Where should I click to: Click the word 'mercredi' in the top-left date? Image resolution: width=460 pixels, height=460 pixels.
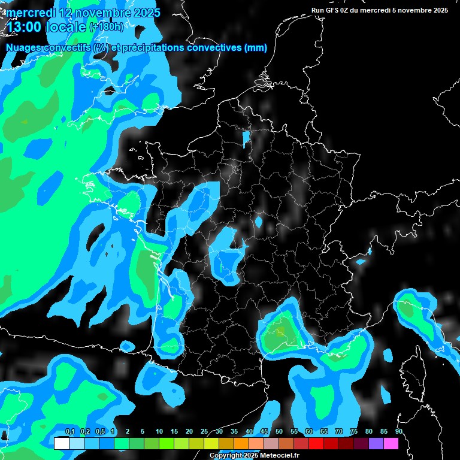coord(31,13)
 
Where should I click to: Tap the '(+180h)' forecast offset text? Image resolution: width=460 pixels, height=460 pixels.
coord(107,27)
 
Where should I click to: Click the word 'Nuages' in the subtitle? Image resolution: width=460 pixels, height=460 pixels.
coord(23,48)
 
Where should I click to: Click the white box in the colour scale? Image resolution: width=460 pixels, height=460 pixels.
coord(61,443)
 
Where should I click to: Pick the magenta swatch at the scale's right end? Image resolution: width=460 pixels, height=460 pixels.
coord(391,443)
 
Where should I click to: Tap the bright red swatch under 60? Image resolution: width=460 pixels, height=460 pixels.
coord(316,443)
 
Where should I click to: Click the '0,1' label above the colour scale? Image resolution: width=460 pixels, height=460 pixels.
coord(70,432)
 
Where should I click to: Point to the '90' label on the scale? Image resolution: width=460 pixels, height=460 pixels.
coord(398,432)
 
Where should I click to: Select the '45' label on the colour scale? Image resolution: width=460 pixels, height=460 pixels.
coord(264,432)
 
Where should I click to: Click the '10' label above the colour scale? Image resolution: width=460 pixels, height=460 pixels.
coord(159,432)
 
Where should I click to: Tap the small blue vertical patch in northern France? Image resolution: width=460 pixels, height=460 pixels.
coord(246,139)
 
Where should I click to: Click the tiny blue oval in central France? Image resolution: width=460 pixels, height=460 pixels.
coord(259,222)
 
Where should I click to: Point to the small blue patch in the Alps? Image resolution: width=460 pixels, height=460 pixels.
coord(361,262)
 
